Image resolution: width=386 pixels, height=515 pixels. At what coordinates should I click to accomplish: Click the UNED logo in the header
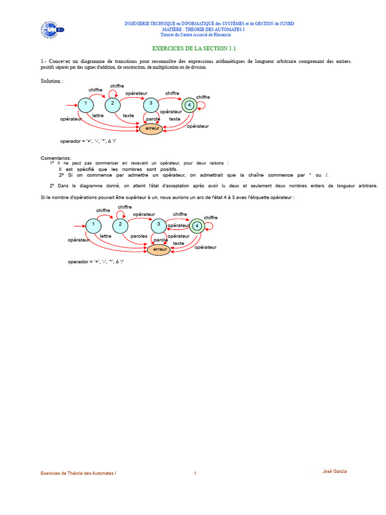52,30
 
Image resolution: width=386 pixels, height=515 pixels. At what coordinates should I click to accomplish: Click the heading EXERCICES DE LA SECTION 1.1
194,49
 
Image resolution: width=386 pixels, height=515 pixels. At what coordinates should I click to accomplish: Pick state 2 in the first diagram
113,104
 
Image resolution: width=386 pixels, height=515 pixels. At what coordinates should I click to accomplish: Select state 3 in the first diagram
151,104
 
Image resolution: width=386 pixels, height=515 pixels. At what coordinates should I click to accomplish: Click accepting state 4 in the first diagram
189,105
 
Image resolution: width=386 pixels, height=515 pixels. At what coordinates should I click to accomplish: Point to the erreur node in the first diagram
152,128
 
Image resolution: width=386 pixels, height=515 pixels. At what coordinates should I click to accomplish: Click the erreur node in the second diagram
160,249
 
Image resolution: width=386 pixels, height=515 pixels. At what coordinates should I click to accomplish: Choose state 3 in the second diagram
159,225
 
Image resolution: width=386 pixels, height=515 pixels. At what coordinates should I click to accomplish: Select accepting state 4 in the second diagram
197,226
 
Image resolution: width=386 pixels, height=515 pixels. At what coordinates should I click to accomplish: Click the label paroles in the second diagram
139,236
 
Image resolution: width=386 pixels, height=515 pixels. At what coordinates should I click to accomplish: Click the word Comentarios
56,158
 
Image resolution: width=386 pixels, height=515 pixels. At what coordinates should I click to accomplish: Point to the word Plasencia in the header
222,35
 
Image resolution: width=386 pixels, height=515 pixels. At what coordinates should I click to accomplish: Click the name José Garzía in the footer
334,471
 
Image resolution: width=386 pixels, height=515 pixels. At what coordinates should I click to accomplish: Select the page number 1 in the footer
195,473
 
